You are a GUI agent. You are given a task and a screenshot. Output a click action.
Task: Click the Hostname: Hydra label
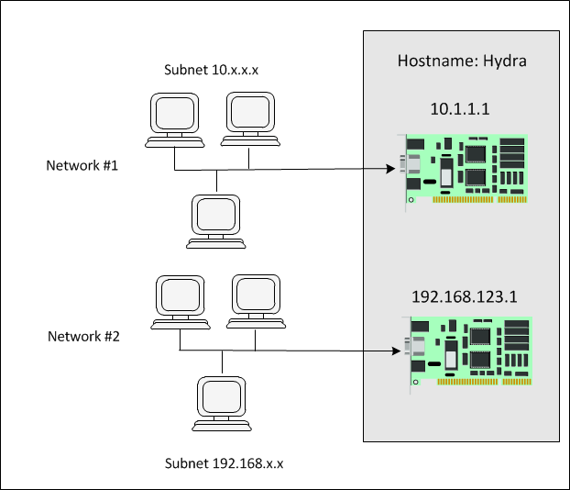click(460, 61)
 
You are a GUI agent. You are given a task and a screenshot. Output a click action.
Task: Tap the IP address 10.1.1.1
click(460, 108)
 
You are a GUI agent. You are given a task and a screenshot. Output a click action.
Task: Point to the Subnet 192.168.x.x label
click(224, 463)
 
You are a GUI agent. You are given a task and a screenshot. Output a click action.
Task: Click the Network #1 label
click(82, 166)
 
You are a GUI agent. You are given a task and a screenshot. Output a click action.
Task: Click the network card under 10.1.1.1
click(467, 169)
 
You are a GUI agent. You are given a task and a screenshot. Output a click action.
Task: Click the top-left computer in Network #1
click(173, 117)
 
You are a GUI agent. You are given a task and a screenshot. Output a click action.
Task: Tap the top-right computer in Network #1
click(249, 117)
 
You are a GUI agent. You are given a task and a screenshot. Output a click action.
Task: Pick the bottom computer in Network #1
click(216, 220)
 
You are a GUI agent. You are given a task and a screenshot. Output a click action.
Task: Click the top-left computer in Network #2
click(179, 299)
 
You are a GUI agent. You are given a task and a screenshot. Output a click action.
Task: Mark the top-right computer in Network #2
click(254, 299)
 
